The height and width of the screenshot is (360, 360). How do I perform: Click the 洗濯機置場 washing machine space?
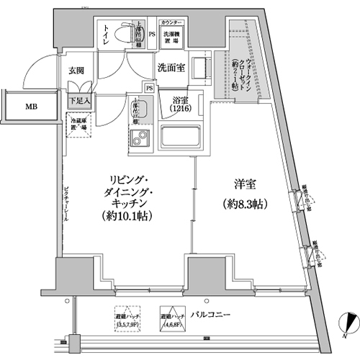(171, 37)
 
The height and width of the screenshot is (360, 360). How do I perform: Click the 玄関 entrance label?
(77, 71)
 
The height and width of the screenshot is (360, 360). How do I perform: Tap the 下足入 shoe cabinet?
(79, 102)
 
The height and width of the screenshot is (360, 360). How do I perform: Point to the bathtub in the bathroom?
(180, 136)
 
